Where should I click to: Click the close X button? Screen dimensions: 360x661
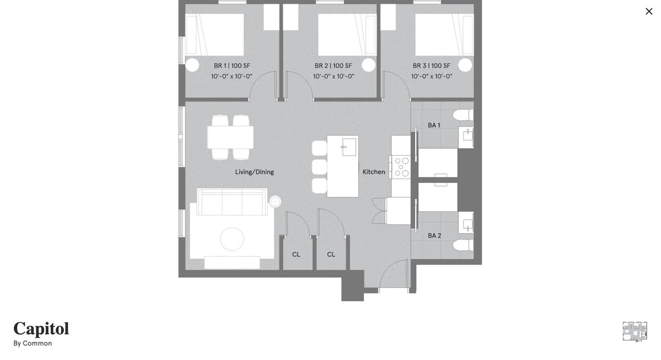(x=649, y=11)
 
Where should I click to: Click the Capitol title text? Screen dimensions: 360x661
(x=41, y=329)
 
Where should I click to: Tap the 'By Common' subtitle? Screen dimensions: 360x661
(x=33, y=343)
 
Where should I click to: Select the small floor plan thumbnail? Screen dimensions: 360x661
(x=635, y=331)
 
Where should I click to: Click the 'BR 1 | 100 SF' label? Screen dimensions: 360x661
(x=232, y=66)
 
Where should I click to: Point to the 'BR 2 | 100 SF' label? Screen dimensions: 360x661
(x=333, y=66)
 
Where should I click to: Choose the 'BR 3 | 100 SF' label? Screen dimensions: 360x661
(x=431, y=66)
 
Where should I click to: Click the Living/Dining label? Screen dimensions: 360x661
(x=254, y=172)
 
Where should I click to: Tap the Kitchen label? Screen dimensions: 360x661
(x=374, y=172)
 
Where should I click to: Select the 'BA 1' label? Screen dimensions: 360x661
(x=434, y=125)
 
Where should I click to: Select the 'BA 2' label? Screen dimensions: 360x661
(x=434, y=236)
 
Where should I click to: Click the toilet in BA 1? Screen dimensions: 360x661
(x=463, y=115)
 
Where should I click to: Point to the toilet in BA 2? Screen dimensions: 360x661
(x=463, y=245)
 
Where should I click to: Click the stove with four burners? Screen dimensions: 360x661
(x=401, y=167)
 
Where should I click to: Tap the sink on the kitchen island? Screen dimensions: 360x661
(x=349, y=147)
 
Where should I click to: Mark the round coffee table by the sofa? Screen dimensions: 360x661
(x=232, y=239)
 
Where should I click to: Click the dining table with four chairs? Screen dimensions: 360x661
(x=230, y=137)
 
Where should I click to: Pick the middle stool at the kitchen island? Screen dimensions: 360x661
(x=319, y=167)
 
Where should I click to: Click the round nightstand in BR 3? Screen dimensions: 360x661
(x=465, y=65)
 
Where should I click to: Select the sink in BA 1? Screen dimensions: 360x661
(x=467, y=135)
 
